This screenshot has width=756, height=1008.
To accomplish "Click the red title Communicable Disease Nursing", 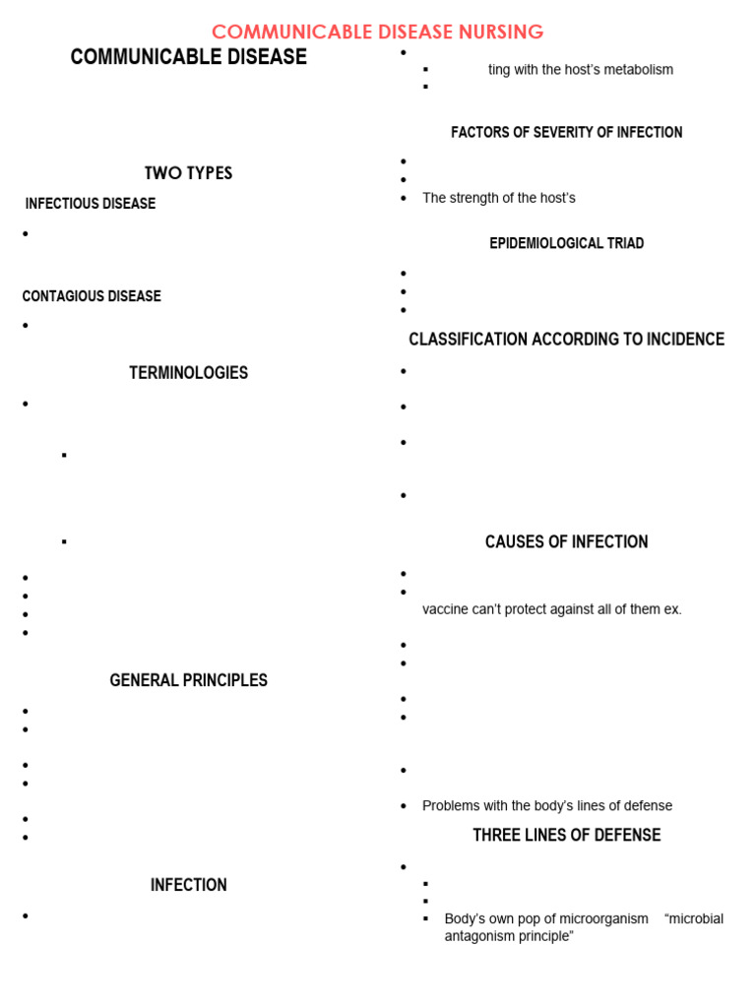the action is (x=377, y=31).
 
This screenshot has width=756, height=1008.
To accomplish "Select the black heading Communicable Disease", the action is (x=188, y=57).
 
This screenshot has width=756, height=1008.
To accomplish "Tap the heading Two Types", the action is (x=188, y=173).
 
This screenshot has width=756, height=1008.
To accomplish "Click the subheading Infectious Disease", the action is (x=91, y=204).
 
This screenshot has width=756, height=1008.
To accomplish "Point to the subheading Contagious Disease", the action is (x=92, y=296).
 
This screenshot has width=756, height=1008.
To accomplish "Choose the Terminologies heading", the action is (x=188, y=373).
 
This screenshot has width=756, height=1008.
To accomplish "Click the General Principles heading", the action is (x=188, y=680).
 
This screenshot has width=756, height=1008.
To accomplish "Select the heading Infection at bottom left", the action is (x=188, y=885).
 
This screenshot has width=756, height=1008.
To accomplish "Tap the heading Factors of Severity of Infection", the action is (x=566, y=132).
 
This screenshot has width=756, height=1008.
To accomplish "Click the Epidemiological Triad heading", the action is (x=566, y=243).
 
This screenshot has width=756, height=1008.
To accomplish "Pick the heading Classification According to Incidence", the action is (x=566, y=340).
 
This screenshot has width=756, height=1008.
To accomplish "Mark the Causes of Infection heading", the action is (x=566, y=541).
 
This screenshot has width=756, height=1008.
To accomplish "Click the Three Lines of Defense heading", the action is (x=566, y=835).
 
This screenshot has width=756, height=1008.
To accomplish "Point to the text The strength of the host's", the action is (x=498, y=198).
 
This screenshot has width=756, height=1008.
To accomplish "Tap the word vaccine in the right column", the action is (x=446, y=609).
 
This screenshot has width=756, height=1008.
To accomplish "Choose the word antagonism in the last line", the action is (x=479, y=936).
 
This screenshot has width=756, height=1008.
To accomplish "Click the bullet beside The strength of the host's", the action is (x=404, y=198).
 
